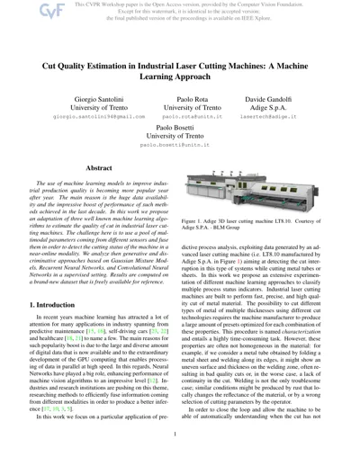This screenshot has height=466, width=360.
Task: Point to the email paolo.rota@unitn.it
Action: click(x=179, y=142)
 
